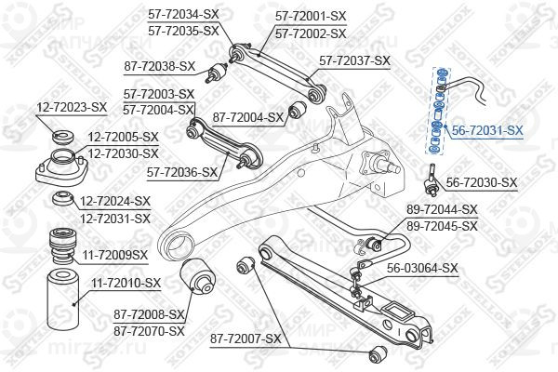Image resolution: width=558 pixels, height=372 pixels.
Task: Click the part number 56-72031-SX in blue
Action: (487, 130)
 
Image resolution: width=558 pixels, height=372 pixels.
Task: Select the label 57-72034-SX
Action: (183, 15)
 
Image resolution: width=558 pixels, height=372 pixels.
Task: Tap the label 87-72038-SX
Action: (160, 66)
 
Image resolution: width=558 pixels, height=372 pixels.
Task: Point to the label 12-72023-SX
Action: (72, 107)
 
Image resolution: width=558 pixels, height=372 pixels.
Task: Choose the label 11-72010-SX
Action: (126, 284)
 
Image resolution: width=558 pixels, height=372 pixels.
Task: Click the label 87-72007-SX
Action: (246, 339)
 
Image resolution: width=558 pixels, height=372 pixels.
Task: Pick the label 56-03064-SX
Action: (422, 268)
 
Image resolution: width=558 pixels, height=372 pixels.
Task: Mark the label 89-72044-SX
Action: (442, 209)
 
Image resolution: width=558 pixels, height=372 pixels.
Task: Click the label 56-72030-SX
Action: (482, 182)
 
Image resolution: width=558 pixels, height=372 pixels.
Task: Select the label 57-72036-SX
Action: (182, 173)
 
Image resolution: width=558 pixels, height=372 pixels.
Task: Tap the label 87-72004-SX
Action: (247, 117)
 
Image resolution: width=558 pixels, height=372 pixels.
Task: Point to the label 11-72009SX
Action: (115, 255)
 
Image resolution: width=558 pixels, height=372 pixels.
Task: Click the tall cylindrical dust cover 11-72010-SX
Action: (63, 300)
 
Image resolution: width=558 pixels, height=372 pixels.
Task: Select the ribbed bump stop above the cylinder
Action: (62, 246)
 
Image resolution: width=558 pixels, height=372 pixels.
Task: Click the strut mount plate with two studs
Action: (61, 167)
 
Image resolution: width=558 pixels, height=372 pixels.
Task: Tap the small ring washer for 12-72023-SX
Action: (63, 137)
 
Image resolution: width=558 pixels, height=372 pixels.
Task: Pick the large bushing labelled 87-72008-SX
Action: (197, 276)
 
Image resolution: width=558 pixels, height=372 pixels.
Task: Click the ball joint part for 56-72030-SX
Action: (432, 181)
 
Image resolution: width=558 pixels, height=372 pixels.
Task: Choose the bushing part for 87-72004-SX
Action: (298, 110)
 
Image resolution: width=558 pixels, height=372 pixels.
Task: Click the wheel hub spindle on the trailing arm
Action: (380, 164)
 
